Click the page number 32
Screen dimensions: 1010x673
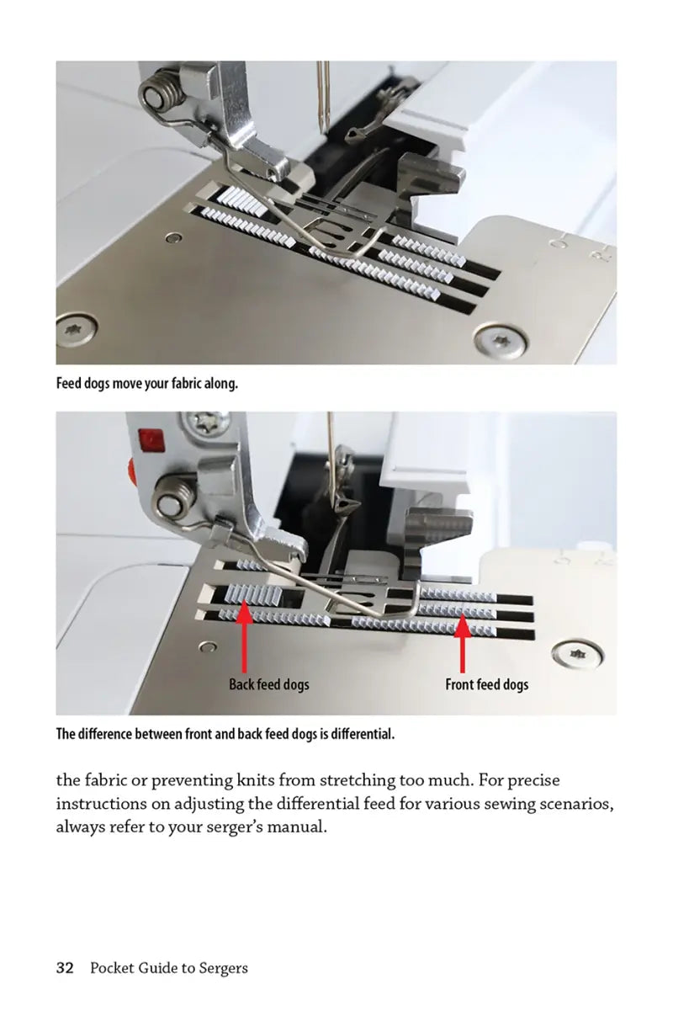point(65,968)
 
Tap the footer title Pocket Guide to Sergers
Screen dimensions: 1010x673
point(168,968)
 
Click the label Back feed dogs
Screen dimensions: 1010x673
point(268,684)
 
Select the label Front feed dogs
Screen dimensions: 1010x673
point(486,684)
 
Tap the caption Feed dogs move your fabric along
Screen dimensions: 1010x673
point(147,383)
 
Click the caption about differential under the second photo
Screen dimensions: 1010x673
point(225,734)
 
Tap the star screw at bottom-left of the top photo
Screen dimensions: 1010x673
point(76,327)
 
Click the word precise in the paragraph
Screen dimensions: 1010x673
point(529,781)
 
